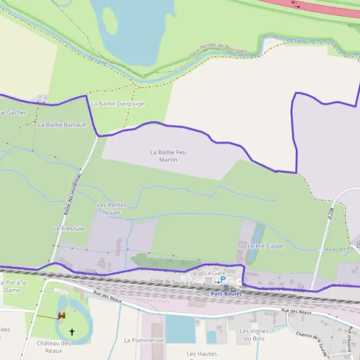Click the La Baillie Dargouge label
coord(117,103)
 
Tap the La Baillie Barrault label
coord(62,125)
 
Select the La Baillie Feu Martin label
coord(168,156)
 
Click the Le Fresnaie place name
coord(69,229)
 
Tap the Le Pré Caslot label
coord(265,246)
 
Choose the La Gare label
coord(214,273)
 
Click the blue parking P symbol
coord(223,279)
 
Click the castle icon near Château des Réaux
coord(61,316)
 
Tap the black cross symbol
coord(73,331)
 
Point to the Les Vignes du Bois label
coord(252,335)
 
